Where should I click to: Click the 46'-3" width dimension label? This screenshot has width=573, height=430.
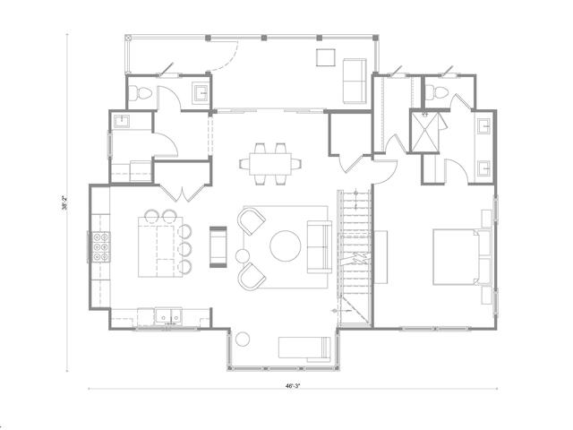pos(293,385)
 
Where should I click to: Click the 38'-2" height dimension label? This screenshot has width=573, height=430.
pos(64,203)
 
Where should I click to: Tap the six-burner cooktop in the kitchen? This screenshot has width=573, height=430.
pos(101,247)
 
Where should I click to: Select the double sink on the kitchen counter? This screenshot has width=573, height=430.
pos(168,315)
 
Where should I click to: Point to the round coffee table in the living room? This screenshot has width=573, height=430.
pos(286,245)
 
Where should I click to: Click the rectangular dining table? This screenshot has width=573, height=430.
pos(270,164)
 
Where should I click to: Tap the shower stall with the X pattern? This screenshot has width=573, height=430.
pos(425,132)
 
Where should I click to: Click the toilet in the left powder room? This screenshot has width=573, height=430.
pos(140,93)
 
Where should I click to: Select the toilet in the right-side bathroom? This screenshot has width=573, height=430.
pos(436,91)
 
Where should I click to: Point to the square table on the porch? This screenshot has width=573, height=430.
pos(326,57)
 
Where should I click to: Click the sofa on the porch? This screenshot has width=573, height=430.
pos(355,81)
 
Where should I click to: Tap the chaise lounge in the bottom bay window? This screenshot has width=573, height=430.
pos(304,348)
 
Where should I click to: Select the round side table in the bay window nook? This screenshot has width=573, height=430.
pos(243,340)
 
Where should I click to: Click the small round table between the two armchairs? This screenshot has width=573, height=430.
pos(243,256)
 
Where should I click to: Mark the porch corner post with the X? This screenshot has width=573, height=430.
pos(128,38)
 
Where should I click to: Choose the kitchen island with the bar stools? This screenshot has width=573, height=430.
pos(160,247)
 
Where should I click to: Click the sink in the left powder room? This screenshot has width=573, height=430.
pos(201,92)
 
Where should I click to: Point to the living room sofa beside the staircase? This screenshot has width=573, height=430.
pos(320,247)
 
